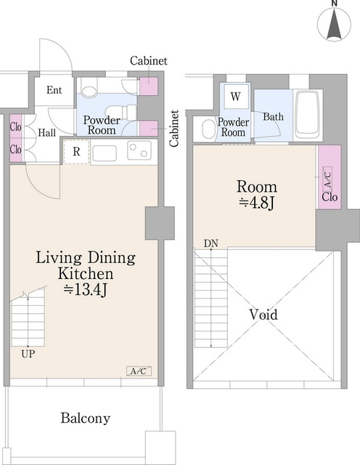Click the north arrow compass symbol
coord(334,23)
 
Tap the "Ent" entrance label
coord(54,90)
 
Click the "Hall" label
coord(47,132)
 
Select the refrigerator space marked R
coord(76,152)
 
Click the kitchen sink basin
coord(105,153)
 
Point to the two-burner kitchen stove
coord(139,150)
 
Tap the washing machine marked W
coord(236,97)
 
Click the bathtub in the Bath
coord(308,116)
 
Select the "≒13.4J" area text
coord(85,290)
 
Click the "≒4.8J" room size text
coord(257,203)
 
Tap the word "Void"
coord(263,315)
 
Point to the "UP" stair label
coord(28,354)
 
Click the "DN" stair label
coord(211,243)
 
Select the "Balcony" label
coord(86,418)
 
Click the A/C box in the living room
coord(139,371)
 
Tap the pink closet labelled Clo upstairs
coord(330,177)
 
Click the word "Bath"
coord(273,116)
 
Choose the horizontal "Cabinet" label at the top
coord(149,61)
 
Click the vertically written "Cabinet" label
coord(174,128)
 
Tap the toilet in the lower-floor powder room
coord(120,112)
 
